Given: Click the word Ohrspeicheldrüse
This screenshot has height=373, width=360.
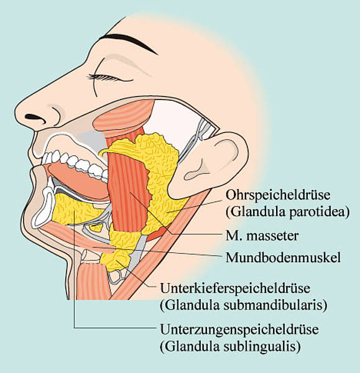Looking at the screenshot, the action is pos(278,195).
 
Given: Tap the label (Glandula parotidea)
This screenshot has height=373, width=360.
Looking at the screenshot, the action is pos(288,212).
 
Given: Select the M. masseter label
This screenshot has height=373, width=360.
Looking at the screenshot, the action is pos(262,236).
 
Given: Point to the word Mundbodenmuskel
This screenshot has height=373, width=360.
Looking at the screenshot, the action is pos(283,257).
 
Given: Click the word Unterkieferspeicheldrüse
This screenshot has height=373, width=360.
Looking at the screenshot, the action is pos(235,288).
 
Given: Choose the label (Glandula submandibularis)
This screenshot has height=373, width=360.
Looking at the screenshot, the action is pos(243,305).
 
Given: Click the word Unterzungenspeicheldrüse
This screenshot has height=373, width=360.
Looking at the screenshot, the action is pos(239,329).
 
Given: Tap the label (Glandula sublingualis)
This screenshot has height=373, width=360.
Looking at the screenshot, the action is pos(230,346).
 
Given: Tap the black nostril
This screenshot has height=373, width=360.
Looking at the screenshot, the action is pos(35,117).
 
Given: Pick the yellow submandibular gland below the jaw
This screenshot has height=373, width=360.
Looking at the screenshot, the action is pos(117,257).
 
